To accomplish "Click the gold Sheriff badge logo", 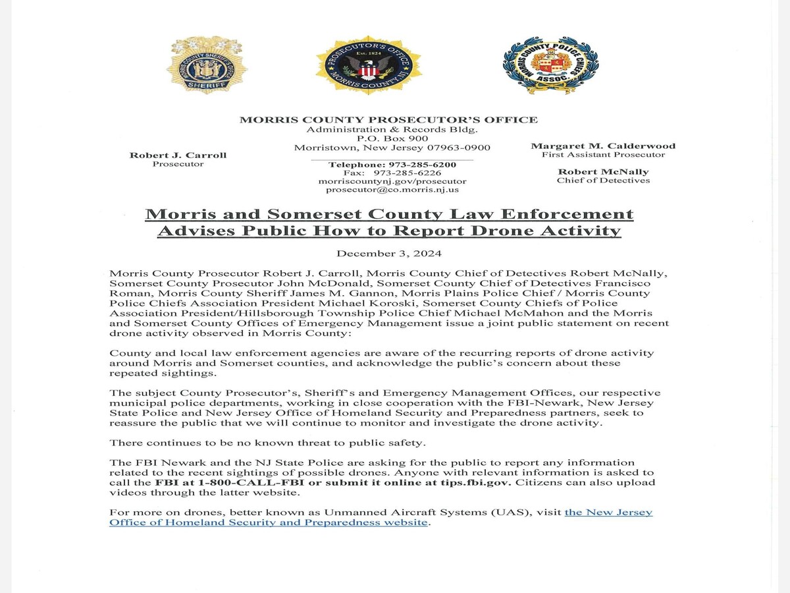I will (x=207, y=65).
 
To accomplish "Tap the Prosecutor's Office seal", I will (x=369, y=65).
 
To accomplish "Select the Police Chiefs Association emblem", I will (x=550, y=65).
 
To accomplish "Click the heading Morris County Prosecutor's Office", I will (x=388, y=119).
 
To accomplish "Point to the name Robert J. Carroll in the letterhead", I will (x=178, y=155).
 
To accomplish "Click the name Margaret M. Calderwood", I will (x=603, y=146).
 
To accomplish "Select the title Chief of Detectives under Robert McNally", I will (x=603, y=181).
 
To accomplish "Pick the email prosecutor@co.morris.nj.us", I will (x=392, y=190).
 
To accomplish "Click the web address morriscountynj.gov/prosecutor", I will (x=392, y=181).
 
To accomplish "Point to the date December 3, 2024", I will (x=388, y=253).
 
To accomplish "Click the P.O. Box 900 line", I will (x=392, y=138).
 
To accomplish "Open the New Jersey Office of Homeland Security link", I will (x=381, y=517).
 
